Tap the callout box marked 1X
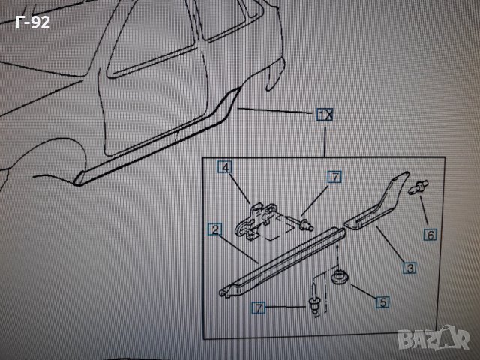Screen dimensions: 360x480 click(x=325, y=115)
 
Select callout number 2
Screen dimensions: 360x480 click(x=214, y=229)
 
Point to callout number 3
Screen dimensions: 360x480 click(x=411, y=266)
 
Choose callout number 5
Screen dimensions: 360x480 click(x=382, y=302)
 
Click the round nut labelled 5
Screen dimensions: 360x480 click(x=340, y=277)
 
